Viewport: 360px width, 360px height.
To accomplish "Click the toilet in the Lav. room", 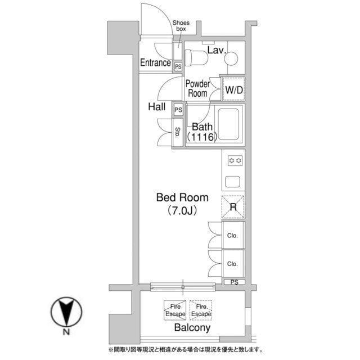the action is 196,57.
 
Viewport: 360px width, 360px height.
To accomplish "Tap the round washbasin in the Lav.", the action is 231,58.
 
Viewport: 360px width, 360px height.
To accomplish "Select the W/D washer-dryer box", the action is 233,89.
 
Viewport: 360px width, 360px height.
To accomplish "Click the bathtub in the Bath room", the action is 228,124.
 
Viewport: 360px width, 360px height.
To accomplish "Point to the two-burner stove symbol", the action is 235,161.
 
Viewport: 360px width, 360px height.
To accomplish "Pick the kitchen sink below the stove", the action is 233,182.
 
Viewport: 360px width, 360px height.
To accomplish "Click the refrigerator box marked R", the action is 233,207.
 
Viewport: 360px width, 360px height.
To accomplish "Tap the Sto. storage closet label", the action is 178,133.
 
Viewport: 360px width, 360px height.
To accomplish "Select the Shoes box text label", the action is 181,26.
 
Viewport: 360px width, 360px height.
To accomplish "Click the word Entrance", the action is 155,62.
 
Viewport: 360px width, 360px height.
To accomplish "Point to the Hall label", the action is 156,107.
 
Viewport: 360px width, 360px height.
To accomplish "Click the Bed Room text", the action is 182,197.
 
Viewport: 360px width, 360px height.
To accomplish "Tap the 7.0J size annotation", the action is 182,211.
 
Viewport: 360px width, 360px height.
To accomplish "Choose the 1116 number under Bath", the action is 202,137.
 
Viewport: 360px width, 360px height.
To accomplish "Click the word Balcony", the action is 192,327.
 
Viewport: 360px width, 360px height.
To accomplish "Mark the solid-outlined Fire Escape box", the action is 175,310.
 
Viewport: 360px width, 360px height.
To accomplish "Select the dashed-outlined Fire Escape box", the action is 201,310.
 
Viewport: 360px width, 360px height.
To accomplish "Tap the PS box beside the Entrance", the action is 178,67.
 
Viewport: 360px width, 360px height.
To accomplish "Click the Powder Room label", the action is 197,89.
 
